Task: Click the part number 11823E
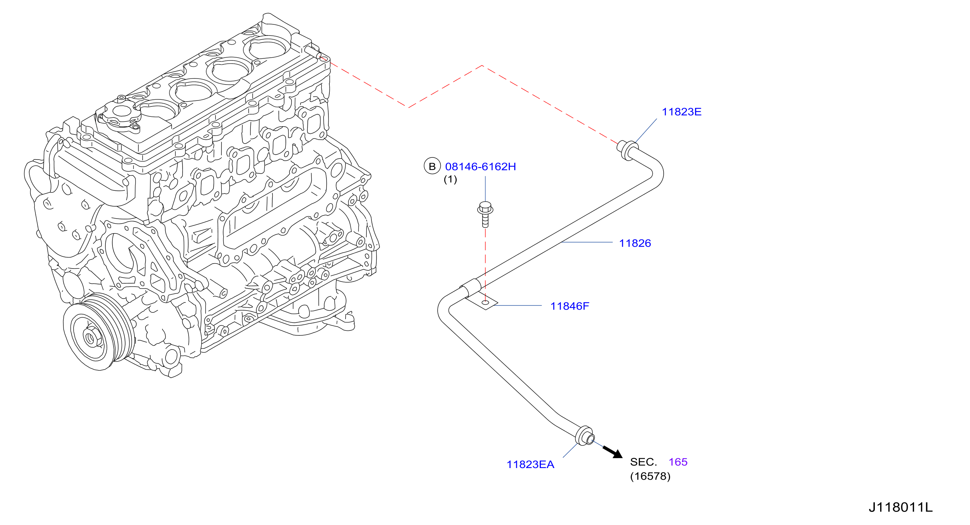coord(682,112)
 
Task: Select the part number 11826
coord(635,243)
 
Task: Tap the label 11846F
coord(570,306)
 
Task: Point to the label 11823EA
coord(530,465)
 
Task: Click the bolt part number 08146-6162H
coord(480,167)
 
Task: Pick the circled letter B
coord(432,166)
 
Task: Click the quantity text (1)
coord(450,179)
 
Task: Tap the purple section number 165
coord(678,462)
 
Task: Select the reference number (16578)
coord(650,476)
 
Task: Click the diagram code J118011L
coord(901,507)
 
